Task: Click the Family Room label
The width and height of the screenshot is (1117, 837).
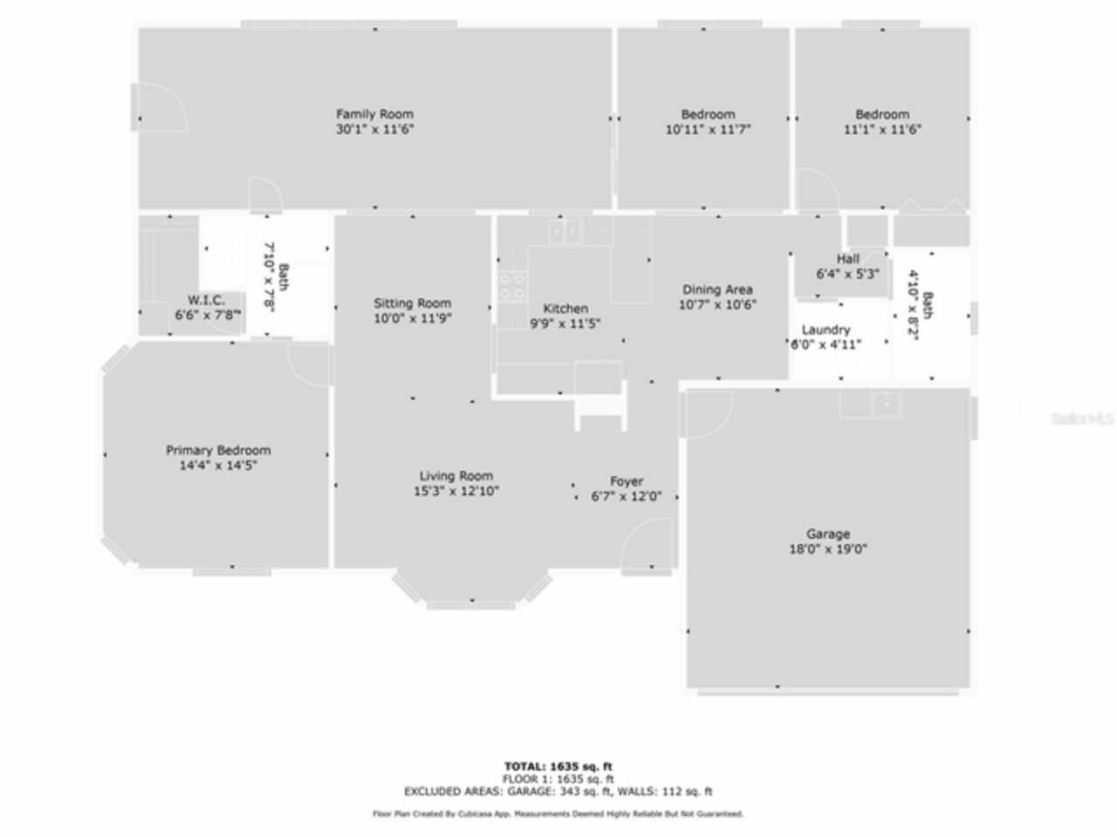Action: pyautogui.click(x=375, y=113)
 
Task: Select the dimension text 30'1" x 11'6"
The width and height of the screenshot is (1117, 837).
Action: pyautogui.click(x=375, y=129)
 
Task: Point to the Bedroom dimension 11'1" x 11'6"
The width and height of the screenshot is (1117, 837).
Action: pyautogui.click(x=882, y=129)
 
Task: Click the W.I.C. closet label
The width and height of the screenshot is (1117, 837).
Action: pyautogui.click(x=206, y=300)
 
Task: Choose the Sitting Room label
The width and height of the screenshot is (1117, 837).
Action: pyautogui.click(x=413, y=303)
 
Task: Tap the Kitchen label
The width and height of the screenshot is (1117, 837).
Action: pyautogui.click(x=565, y=309)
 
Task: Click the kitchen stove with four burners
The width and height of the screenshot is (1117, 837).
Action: pyautogui.click(x=511, y=286)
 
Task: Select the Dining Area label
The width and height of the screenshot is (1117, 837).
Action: pyautogui.click(x=717, y=289)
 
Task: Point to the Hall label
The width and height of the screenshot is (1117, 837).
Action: pyautogui.click(x=848, y=259)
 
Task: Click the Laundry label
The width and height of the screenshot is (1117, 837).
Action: pyautogui.click(x=826, y=330)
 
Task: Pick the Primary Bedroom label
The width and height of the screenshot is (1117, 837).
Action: pyautogui.click(x=218, y=451)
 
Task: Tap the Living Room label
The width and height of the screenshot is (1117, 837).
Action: pyautogui.click(x=456, y=476)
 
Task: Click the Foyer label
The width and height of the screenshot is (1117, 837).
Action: pyautogui.click(x=627, y=481)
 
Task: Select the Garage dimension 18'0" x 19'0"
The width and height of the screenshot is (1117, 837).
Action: pyautogui.click(x=828, y=549)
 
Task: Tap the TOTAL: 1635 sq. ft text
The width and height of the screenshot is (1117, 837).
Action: pyautogui.click(x=558, y=766)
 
